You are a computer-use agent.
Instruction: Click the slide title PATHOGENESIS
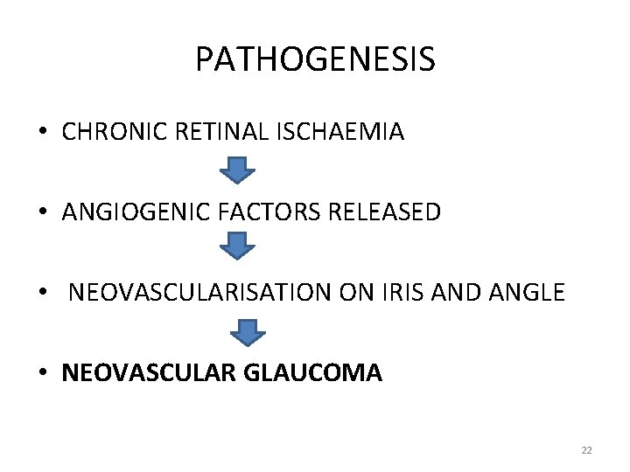pyautogui.click(x=315, y=59)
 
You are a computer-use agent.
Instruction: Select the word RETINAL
pyautogui.click(x=207, y=132)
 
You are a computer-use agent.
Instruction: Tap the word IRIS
pyautogui.click(x=404, y=292)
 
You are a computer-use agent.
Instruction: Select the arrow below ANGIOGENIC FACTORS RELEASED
pyautogui.click(x=235, y=247)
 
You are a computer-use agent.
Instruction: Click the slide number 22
pyautogui.click(x=586, y=450)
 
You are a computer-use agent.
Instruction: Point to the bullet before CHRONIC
pyautogui.click(x=43, y=133)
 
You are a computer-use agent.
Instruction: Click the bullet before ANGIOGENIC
pyautogui.click(x=43, y=212)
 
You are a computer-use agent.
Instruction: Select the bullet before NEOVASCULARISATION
pyautogui.click(x=43, y=293)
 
